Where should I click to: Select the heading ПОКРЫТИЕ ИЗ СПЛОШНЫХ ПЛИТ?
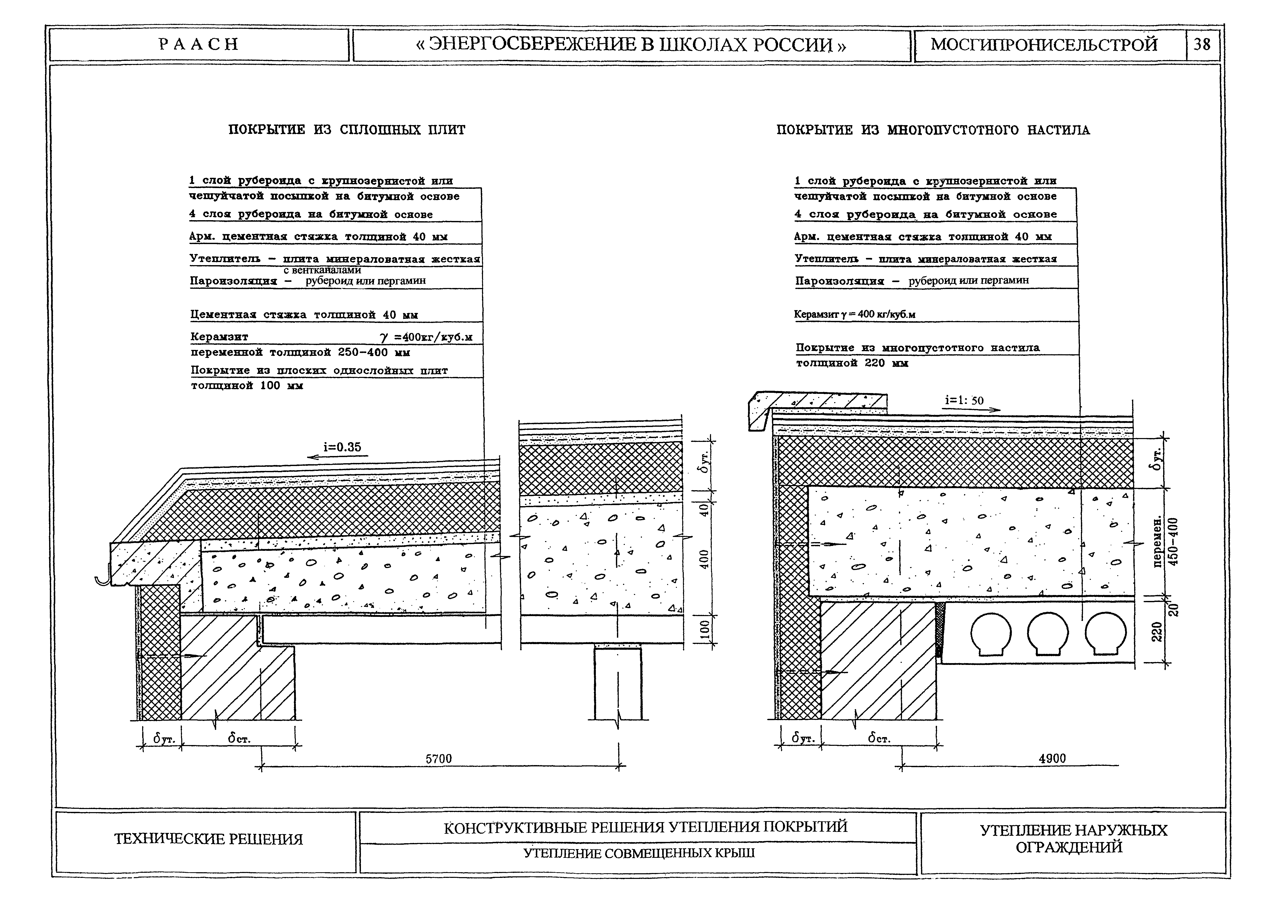tap(347, 130)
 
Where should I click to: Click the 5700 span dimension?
tap(439, 758)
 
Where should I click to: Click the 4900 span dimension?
tap(1052, 758)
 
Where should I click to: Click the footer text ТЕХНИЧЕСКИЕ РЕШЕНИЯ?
tap(208, 839)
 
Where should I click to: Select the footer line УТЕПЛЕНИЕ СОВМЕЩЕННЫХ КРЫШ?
tap(639, 853)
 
